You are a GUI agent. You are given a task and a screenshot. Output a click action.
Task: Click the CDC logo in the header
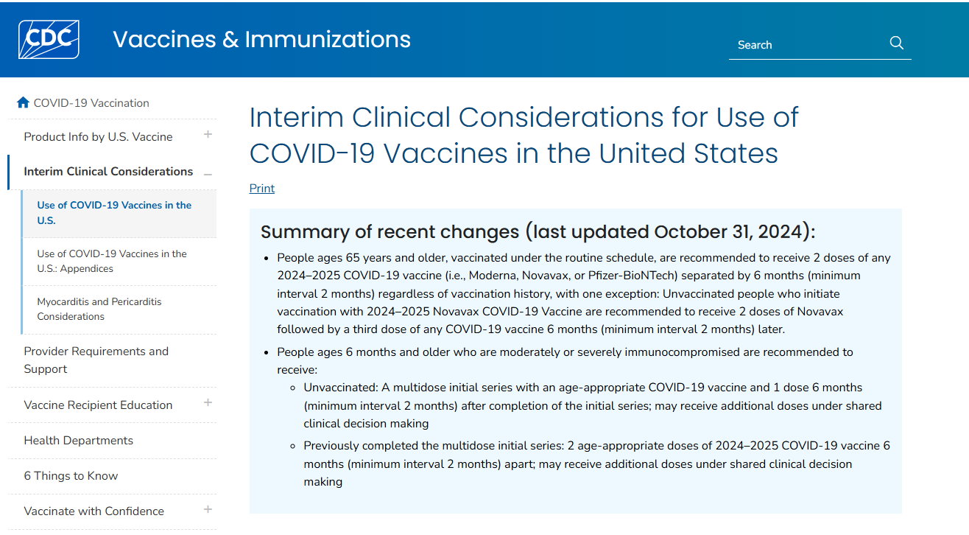click(x=49, y=39)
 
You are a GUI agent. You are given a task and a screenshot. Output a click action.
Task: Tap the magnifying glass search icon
click(x=896, y=43)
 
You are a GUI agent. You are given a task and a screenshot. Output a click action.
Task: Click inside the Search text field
click(x=803, y=45)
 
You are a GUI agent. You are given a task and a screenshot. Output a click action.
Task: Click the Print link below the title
click(x=261, y=188)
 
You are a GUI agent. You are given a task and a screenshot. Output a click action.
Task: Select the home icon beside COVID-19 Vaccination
click(x=23, y=102)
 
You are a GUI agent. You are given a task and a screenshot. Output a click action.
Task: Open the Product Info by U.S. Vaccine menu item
click(x=98, y=137)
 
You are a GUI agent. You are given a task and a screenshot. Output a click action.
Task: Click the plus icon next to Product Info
click(x=208, y=135)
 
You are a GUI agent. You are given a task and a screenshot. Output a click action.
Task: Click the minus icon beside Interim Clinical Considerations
click(x=208, y=174)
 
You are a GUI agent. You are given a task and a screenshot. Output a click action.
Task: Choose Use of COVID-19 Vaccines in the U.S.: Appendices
click(x=112, y=261)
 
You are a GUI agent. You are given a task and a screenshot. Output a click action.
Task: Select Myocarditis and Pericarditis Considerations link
click(x=99, y=309)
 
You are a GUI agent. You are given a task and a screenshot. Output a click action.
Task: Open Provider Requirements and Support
click(x=96, y=360)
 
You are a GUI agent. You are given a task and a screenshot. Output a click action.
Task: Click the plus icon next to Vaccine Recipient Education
click(x=208, y=402)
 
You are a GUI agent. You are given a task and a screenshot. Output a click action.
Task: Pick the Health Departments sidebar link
click(x=78, y=440)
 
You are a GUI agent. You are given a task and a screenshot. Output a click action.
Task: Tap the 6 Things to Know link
click(x=71, y=475)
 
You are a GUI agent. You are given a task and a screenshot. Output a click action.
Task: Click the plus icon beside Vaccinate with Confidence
click(x=208, y=509)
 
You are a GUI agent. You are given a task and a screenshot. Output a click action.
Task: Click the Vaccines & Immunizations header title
click(x=261, y=39)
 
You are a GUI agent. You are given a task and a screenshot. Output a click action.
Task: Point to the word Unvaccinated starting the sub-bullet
click(x=339, y=387)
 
